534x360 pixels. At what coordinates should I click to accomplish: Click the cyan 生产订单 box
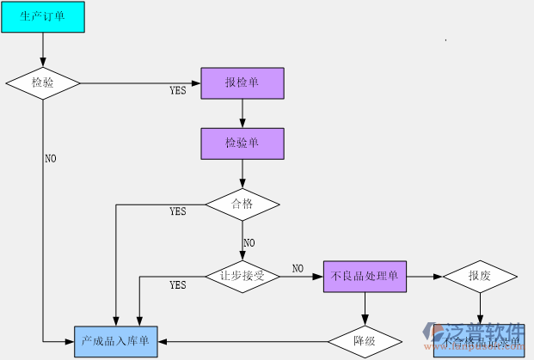(43, 16)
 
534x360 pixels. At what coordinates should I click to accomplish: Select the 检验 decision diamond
(43, 82)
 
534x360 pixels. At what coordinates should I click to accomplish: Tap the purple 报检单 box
(242, 82)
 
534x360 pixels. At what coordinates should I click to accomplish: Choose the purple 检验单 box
(242, 143)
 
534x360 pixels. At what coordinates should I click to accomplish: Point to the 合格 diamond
(242, 204)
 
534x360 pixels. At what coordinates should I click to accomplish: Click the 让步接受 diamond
(242, 277)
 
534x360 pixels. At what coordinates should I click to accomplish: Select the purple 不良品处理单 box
(365, 277)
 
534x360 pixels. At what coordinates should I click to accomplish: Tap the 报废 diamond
(480, 277)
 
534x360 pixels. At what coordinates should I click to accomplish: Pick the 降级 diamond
(365, 341)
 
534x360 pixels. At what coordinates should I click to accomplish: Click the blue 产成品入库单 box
(115, 341)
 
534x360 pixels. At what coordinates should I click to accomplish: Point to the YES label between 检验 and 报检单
(178, 90)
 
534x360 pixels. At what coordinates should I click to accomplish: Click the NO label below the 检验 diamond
(51, 159)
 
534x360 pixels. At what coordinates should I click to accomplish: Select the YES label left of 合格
(178, 211)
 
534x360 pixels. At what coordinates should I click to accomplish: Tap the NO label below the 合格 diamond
(249, 243)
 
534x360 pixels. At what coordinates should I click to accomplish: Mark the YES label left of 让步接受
(178, 285)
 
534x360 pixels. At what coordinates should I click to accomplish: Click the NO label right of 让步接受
(298, 269)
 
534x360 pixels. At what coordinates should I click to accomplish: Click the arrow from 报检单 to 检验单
(242, 113)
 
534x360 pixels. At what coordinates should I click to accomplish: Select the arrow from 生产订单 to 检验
(43, 50)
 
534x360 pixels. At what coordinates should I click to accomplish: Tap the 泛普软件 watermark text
(484, 333)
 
